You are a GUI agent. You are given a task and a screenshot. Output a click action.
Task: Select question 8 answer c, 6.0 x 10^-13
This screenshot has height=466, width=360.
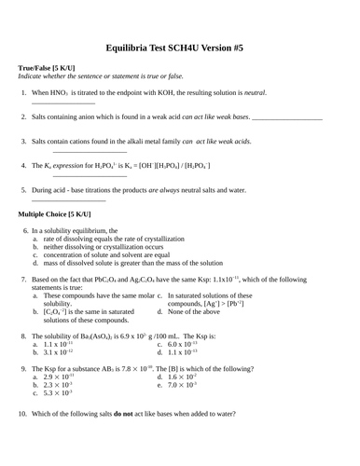click(x=182, y=345)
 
